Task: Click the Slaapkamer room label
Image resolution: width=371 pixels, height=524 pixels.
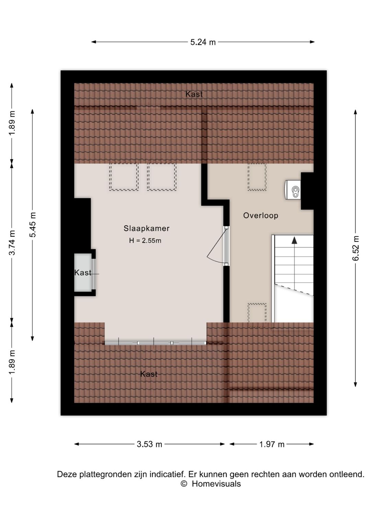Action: [147, 228]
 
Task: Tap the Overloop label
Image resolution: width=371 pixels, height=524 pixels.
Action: [260, 215]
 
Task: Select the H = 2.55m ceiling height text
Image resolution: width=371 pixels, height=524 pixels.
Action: [145, 240]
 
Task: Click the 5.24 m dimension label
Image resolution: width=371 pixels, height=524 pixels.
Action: [203, 42]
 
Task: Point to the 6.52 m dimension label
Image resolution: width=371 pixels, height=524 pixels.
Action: [356, 248]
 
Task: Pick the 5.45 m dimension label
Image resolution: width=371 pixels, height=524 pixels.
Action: [33, 225]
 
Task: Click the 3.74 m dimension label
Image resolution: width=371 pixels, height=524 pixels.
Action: [12, 242]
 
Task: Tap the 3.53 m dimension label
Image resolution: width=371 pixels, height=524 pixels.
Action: [149, 444]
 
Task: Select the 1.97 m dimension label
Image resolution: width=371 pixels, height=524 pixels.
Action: [272, 444]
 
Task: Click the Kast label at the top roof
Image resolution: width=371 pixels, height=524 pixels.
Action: [194, 94]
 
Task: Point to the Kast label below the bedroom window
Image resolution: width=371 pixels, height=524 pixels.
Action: [149, 374]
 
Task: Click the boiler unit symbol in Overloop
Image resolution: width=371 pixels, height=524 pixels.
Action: [293, 190]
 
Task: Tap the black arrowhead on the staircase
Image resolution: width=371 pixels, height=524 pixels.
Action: [294, 240]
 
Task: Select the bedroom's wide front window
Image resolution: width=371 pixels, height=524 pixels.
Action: [155, 343]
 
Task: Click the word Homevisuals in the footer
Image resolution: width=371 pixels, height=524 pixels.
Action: [216, 484]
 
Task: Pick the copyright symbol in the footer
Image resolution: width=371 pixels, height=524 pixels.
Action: [184, 483]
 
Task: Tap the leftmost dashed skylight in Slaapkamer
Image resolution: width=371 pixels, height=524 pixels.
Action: [124, 177]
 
